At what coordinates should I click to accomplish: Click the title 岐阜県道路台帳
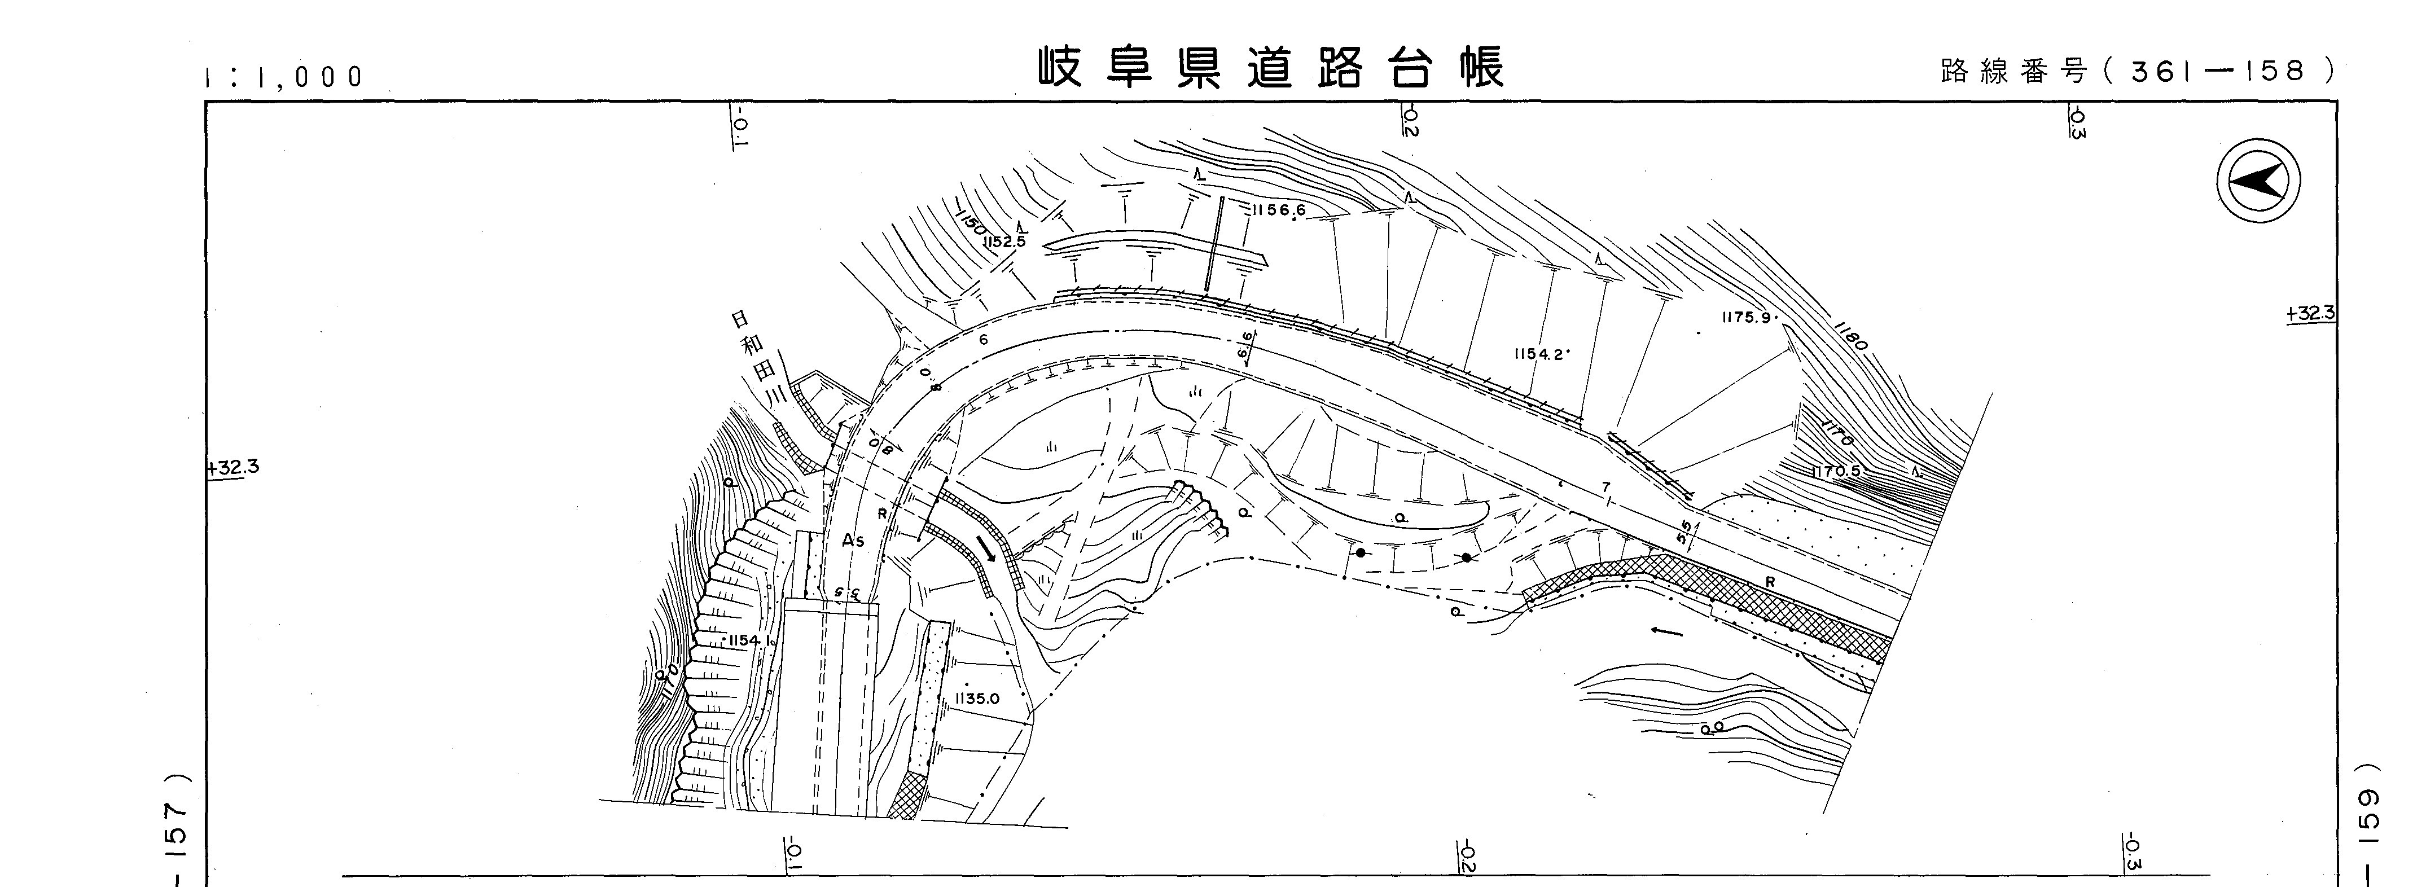click(1271, 68)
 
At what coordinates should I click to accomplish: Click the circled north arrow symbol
click(2258, 180)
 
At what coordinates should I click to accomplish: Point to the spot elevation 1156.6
click(1278, 210)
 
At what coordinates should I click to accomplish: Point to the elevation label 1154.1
click(749, 640)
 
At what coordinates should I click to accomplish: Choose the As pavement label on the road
click(853, 541)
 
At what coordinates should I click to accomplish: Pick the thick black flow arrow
click(985, 549)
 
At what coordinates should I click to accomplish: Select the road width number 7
click(1605, 487)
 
